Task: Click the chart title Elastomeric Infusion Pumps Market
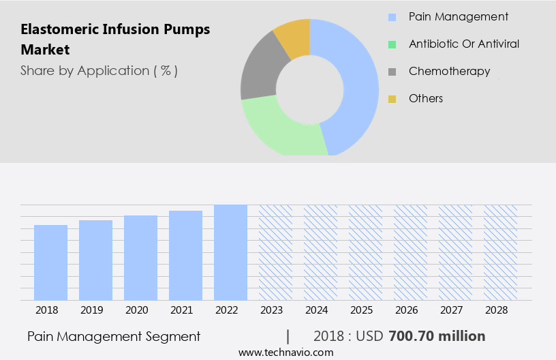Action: click(x=115, y=40)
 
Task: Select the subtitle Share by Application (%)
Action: click(x=99, y=70)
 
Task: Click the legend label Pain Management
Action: click(x=458, y=16)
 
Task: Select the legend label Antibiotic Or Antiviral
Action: click(x=463, y=44)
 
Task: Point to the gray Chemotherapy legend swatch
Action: click(x=392, y=72)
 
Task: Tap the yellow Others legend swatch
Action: click(x=392, y=99)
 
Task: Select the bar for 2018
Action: click(x=51, y=262)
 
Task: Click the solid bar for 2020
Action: click(x=141, y=258)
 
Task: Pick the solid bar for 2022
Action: click(x=230, y=252)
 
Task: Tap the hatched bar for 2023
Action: click(x=275, y=252)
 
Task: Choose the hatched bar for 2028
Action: click(x=500, y=252)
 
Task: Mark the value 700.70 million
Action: click(x=437, y=336)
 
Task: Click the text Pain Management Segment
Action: click(x=114, y=336)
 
